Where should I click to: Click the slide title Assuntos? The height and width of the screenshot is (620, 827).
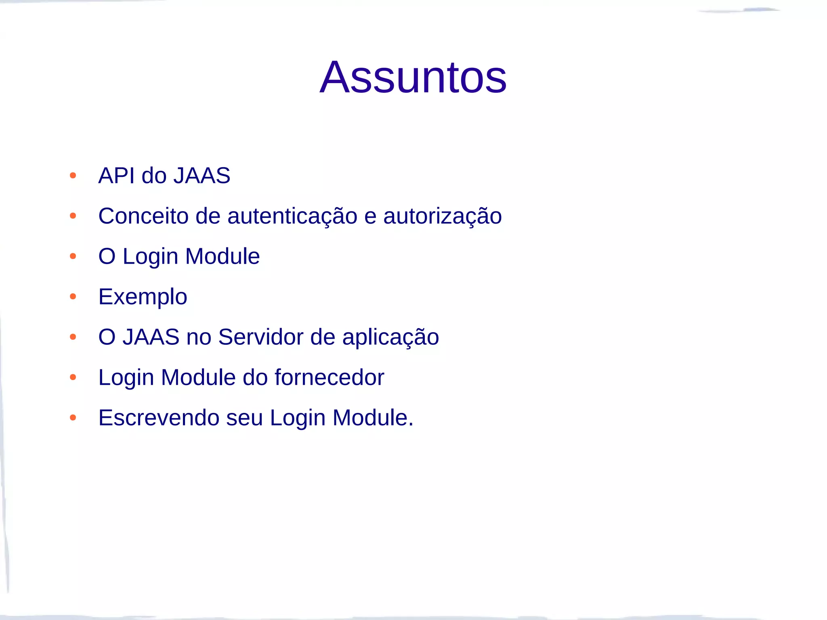pos(413,77)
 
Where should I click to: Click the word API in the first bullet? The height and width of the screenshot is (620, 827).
pos(116,176)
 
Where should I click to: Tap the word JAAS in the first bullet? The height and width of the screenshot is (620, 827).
pos(202,176)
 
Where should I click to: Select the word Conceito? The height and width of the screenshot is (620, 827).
pos(143,216)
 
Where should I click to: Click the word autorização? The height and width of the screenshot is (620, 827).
pos(442,216)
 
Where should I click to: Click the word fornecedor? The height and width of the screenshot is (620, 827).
pos(329,377)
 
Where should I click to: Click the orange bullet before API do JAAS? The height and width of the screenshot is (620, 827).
pos(73,176)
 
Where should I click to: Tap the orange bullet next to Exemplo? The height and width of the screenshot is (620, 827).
pos(73,297)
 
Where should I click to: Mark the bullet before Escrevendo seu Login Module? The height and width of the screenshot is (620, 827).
pos(73,418)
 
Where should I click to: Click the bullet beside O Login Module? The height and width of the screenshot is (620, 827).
pos(73,256)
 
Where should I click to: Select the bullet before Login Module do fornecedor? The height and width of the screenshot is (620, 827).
pos(73,377)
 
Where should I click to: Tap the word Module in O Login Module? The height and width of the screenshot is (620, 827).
pos(222,256)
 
